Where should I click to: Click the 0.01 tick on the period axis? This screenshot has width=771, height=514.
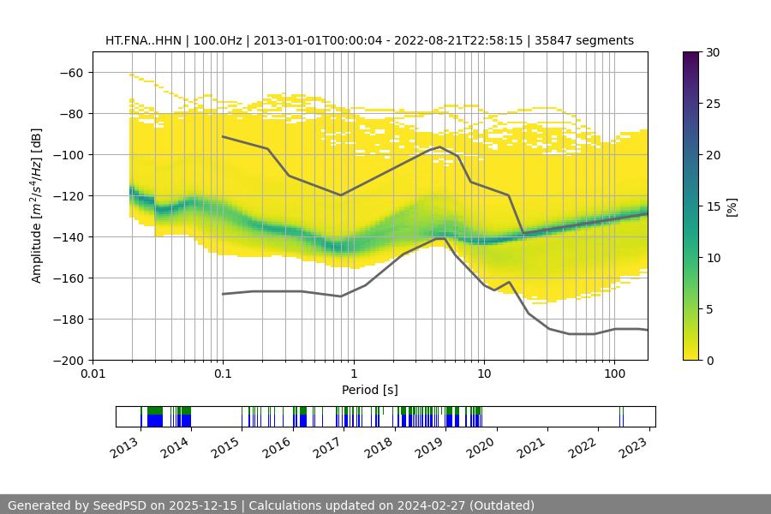point(93,374)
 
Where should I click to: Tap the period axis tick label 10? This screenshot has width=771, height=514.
point(484,374)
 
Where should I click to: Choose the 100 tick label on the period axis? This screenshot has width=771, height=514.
point(614,374)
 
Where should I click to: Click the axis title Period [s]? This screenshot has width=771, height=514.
point(369,390)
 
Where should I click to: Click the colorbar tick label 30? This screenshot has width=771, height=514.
point(712,52)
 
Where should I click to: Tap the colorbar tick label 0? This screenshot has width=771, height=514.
point(709,361)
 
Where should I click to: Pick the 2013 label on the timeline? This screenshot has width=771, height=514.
point(124,446)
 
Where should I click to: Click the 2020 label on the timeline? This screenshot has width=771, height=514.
point(481,446)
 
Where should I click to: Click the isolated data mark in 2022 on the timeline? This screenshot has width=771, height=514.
point(622,417)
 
